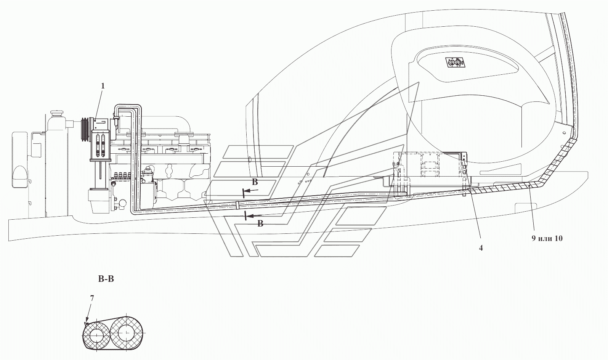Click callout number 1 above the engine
[103, 86]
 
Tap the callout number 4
[481, 248]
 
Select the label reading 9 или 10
[547, 238]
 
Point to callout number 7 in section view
[92, 298]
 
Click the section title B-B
[106, 279]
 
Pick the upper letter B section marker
[255, 182]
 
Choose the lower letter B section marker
[260, 223]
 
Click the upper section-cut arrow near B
[251, 191]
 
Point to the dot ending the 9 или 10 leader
[529, 186]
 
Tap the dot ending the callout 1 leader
[96, 120]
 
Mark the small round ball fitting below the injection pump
[122, 202]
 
